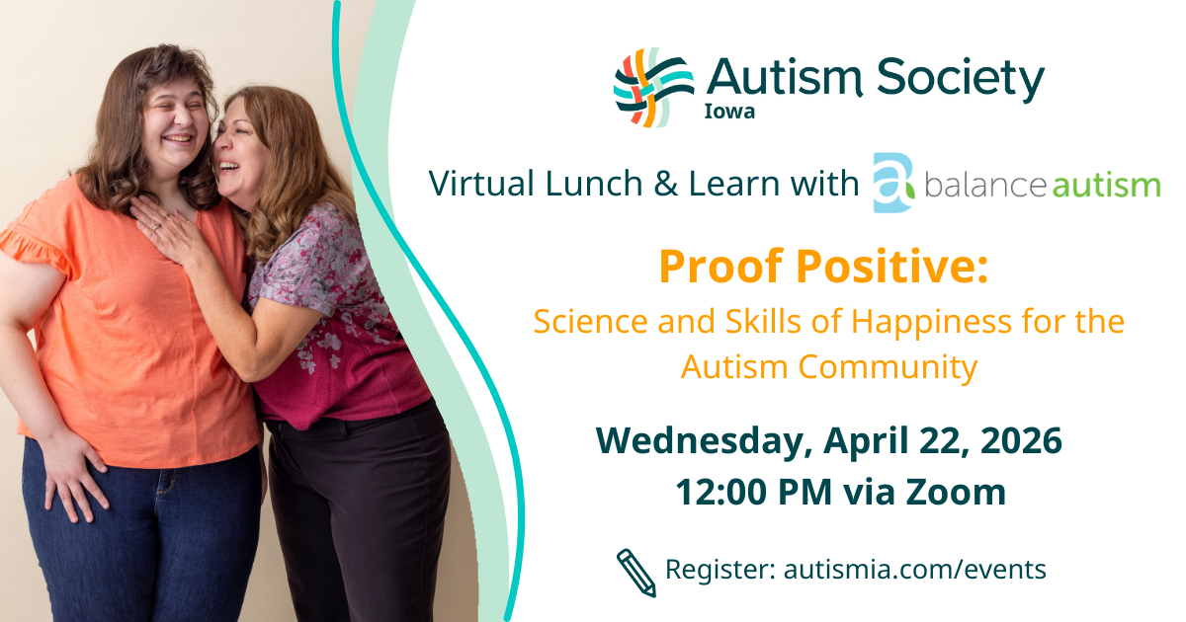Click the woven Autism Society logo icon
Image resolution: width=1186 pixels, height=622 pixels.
[x=654, y=88]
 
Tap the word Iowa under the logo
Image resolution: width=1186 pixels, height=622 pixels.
[x=729, y=112]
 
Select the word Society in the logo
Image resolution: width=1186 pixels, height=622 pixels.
[x=961, y=80]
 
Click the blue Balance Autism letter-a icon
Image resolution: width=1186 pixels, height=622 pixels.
[x=893, y=183]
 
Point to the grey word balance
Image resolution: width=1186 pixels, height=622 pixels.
[x=985, y=185]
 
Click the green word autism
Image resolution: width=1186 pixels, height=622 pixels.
[x=1106, y=186]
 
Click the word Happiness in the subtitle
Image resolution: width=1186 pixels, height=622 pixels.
[x=931, y=322]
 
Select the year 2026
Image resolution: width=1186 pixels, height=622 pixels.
[x=1021, y=440]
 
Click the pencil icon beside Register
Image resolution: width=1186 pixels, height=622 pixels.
[x=636, y=573]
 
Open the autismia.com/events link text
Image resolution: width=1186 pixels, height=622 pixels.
[x=914, y=570]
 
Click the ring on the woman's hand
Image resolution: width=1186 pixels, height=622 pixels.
[x=156, y=226]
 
